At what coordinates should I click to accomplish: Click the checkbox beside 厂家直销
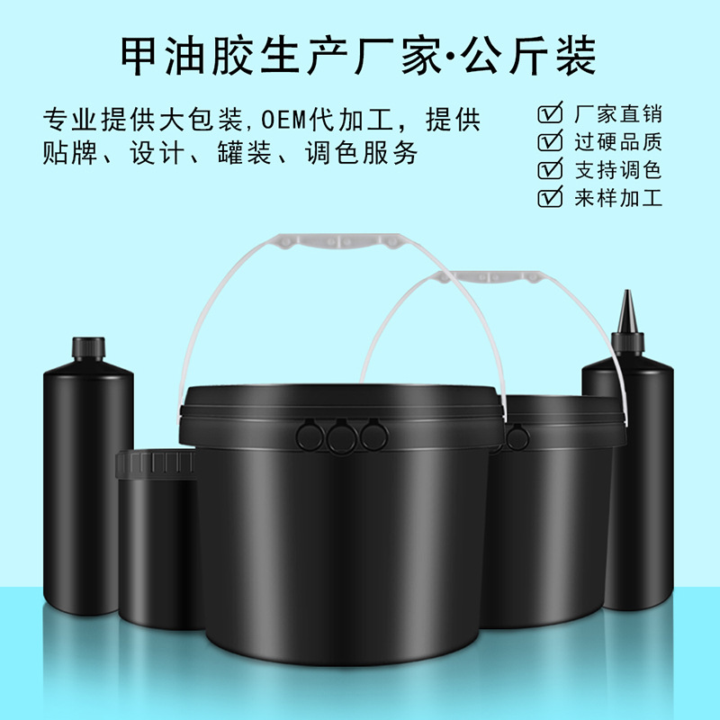coord(550,113)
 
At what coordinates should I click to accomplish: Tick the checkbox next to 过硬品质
coord(550,140)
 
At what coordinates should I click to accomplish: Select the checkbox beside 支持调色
coord(550,169)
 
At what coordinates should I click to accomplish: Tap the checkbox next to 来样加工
coord(550,197)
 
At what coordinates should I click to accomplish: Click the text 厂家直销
coord(618,114)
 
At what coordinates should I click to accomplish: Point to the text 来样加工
coord(618,198)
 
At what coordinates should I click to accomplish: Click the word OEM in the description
coord(283,121)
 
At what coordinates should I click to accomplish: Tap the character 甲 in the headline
coord(139,56)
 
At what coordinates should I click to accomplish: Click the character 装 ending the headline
coord(576,56)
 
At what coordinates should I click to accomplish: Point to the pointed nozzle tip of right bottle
coord(626,292)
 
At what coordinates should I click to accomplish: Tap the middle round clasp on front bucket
coord(342,436)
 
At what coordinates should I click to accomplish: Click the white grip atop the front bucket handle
coord(339,241)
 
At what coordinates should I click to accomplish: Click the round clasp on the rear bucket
coord(517,437)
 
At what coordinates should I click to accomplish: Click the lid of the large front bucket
coord(341,416)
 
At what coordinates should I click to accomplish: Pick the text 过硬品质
coord(618,142)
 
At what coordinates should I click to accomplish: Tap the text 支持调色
coord(618,170)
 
